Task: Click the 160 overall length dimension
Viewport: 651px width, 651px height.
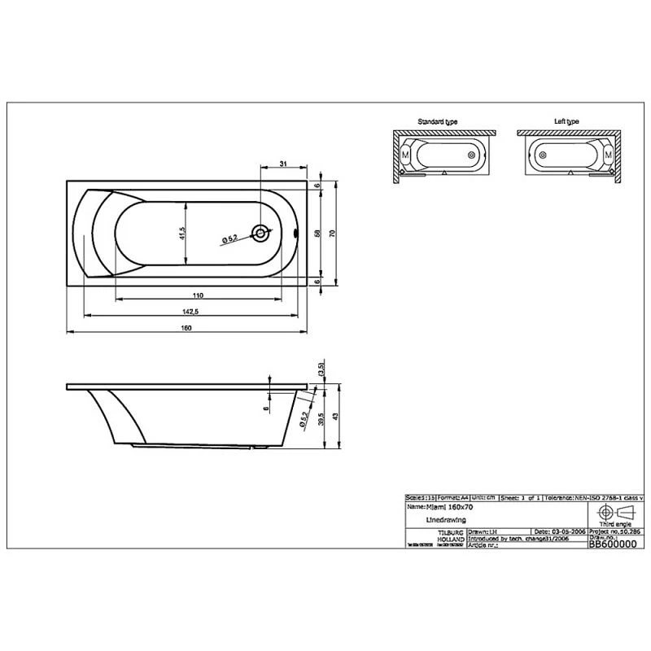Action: point(186,327)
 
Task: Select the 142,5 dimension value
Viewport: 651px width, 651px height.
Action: point(192,311)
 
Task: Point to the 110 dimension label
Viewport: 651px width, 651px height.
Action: point(197,295)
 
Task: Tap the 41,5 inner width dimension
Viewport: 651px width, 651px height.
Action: point(184,234)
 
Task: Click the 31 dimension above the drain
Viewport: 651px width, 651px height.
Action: point(282,165)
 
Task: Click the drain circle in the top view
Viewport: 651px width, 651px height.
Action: point(260,234)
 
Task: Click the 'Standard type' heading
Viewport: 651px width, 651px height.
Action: point(437,121)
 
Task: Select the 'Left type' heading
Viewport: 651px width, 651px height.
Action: point(566,121)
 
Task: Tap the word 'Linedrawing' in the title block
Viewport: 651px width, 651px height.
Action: point(446,518)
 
